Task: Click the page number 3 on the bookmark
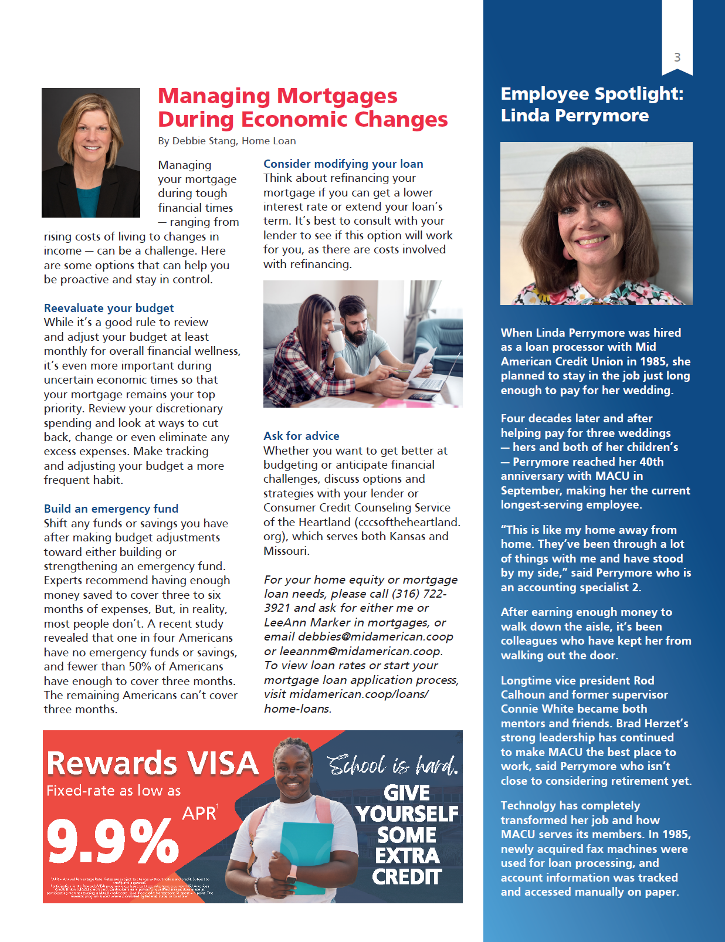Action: pos(677,57)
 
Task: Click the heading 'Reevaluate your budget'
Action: pos(109,308)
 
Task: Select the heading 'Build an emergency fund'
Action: pos(111,509)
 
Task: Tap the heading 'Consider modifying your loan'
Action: pos(343,164)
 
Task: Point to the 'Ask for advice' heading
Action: pos(301,436)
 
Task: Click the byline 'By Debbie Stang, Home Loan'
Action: pos(226,141)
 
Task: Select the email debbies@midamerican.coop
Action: pos(375,636)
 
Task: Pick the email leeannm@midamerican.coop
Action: pos(360,651)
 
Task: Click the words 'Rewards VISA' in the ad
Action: pos(153,763)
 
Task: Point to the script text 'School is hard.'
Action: pos(392,765)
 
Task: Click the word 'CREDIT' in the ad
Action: pos(406,877)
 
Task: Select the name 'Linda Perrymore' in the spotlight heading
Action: pos(574,116)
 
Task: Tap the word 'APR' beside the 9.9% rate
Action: pos(199,814)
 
